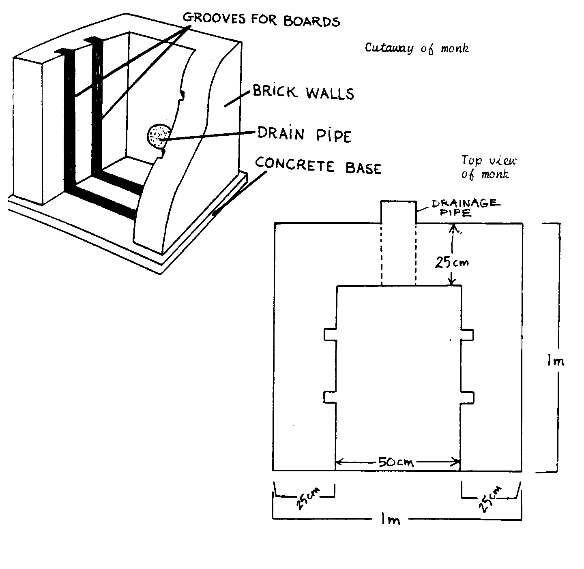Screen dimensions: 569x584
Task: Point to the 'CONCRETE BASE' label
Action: coord(318,166)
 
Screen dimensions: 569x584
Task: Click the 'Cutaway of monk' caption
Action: coord(417,48)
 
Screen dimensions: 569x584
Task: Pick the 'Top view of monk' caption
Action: coord(488,167)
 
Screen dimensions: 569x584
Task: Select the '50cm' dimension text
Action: coord(395,462)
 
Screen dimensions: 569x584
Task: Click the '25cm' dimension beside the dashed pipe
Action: coord(451,263)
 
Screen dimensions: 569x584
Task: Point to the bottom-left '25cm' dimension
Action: coord(307,498)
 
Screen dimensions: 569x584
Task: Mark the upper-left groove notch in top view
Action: coord(330,335)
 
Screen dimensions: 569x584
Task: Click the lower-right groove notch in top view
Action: coord(467,397)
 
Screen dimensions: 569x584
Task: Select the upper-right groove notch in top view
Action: coord(467,335)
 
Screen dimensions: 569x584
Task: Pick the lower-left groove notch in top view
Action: coord(330,397)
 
